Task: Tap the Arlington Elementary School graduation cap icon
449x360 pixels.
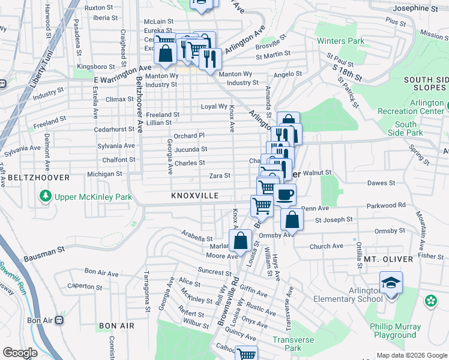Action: [391, 282]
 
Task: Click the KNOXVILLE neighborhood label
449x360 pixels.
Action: [194, 196]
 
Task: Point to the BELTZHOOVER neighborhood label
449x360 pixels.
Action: [30, 178]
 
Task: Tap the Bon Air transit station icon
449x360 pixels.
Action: [59, 320]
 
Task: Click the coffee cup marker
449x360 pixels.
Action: [285, 195]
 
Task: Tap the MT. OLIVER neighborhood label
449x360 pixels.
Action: [388, 259]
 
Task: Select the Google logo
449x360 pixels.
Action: [20, 353]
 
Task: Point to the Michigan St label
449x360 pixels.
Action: [104, 174]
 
